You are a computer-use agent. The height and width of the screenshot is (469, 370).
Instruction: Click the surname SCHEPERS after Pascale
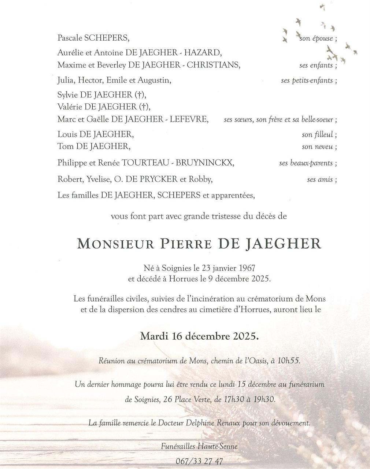pyautogui.click(x=107, y=38)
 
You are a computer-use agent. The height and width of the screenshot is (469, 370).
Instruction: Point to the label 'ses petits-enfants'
pyautogui.click(x=307, y=80)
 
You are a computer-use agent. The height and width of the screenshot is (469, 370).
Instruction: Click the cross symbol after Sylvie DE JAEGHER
pyautogui.click(x=139, y=95)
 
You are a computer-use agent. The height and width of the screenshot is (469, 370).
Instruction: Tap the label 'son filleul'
pyautogui.click(x=318, y=135)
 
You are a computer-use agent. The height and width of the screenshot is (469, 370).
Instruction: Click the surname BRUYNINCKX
pyautogui.click(x=204, y=163)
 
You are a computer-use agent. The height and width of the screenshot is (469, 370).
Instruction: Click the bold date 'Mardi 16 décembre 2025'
pyautogui.click(x=199, y=336)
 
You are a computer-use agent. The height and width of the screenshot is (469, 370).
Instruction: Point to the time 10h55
pyautogui.click(x=289, y=361)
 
